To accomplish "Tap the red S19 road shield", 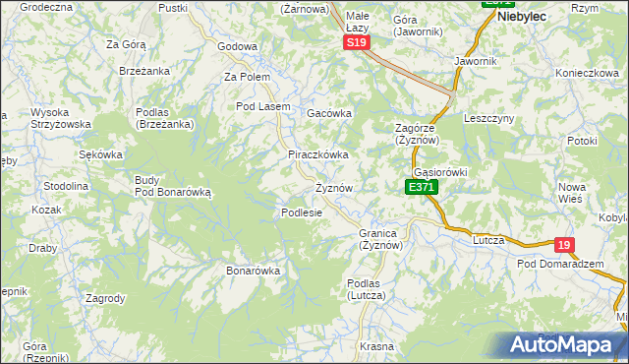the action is (x=357, y=44).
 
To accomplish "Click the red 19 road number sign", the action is (x=563, y=245).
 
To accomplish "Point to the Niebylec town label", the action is (x=523, y=17).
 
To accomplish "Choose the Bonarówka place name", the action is (x=254, y=271).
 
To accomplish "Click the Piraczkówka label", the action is (x=318, y=155).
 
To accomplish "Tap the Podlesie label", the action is (x=303, y=212).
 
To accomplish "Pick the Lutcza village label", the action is (x=488, y=240).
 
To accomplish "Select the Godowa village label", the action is (x=237, y=46).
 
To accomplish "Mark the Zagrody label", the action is (x=105, y=298).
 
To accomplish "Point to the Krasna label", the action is (x=376, y=347).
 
